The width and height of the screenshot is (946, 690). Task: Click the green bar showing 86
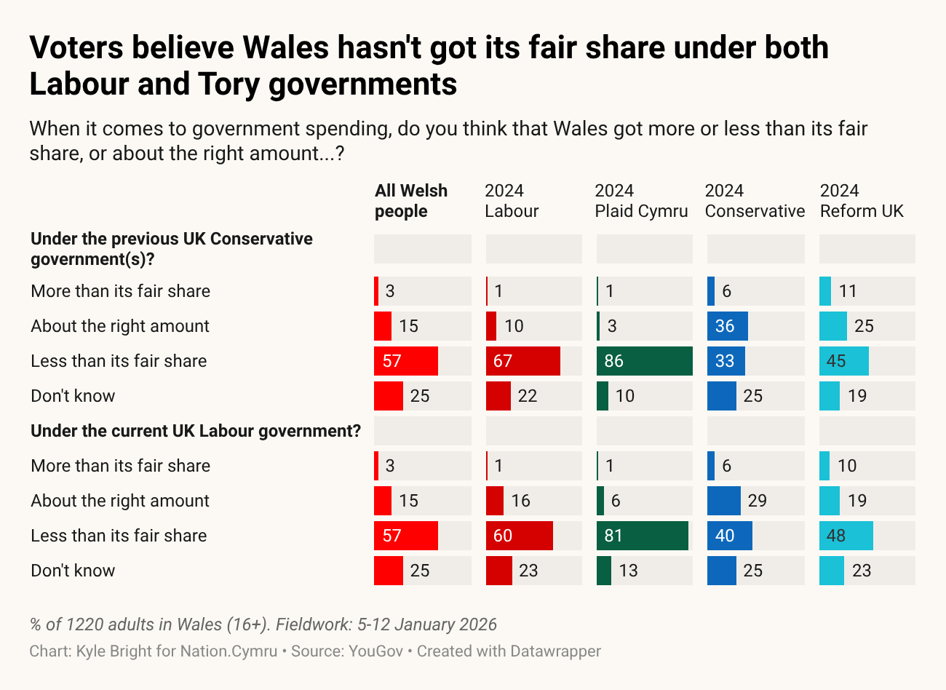(x=644, y=361)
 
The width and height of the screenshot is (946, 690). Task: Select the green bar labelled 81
(x=642, y=536)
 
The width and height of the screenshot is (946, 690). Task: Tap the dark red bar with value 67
(x=522, y=361)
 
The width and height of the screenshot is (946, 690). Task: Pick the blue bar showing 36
(x=727, y=326)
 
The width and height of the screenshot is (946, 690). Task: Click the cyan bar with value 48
(x=846, y=536)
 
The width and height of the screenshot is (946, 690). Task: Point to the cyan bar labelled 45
(x=843, y=361)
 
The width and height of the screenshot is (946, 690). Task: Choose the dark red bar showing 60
(x=519, y=536)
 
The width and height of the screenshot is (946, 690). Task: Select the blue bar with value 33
(x=726, y=361)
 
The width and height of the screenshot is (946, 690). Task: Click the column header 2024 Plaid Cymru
(x=641, y=201)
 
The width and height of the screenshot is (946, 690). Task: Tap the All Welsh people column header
(x=411, y=201)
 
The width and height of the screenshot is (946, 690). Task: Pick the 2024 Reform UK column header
(x=862, y=201)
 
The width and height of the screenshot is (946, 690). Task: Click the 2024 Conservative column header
(x=755, y=201)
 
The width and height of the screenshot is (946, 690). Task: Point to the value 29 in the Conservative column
(x=758, y=501)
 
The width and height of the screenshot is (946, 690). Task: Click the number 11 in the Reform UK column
(x=848, y=291)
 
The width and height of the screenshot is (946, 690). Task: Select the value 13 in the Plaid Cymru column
(x=628, y=571)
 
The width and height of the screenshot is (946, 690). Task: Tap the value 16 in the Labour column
(x=520, y=501)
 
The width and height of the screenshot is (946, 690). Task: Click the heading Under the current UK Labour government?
(x=196, y=431)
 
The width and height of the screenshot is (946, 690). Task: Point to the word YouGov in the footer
(x=375, y=651)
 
